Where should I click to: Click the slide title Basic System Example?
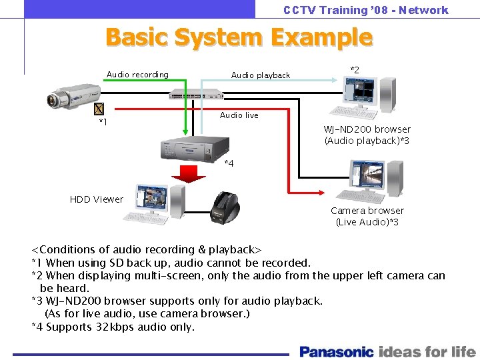(x=239, y=37)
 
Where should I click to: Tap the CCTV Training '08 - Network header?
(x=365, y=10)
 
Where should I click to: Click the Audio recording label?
(x=137, y=75)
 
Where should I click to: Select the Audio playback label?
(x=260, y=75)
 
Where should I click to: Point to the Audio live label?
(x=239, y=115)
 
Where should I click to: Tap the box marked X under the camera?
(x=99, y=109)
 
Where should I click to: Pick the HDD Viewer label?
(x=97, y=199)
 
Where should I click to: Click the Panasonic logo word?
(x=337, y=351)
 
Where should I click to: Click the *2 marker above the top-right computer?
(x=355, y=70)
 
